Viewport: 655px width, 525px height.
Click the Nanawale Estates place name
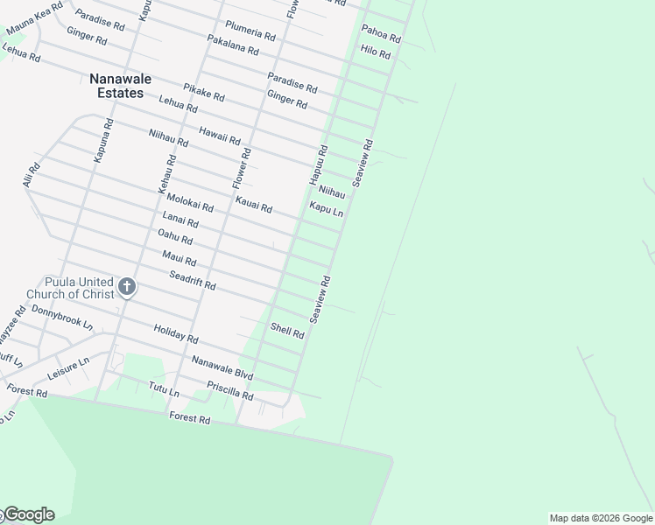120,86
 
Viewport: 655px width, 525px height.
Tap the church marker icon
127,286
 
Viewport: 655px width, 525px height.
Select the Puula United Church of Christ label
70,288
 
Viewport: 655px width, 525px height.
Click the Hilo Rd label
375,51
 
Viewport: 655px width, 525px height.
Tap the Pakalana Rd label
233,45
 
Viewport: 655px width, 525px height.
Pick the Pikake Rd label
204,91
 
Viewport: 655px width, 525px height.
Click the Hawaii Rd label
219,135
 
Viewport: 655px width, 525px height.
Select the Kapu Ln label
326,210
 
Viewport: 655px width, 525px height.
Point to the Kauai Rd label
253,206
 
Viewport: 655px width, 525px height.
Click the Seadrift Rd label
192,281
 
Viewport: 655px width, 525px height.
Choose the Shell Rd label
287,331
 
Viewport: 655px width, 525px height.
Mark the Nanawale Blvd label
222,368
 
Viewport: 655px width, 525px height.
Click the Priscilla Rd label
229,390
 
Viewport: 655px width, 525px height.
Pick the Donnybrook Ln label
61,317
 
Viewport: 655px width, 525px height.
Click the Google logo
28,514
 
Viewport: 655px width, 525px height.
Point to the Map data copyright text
601,518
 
